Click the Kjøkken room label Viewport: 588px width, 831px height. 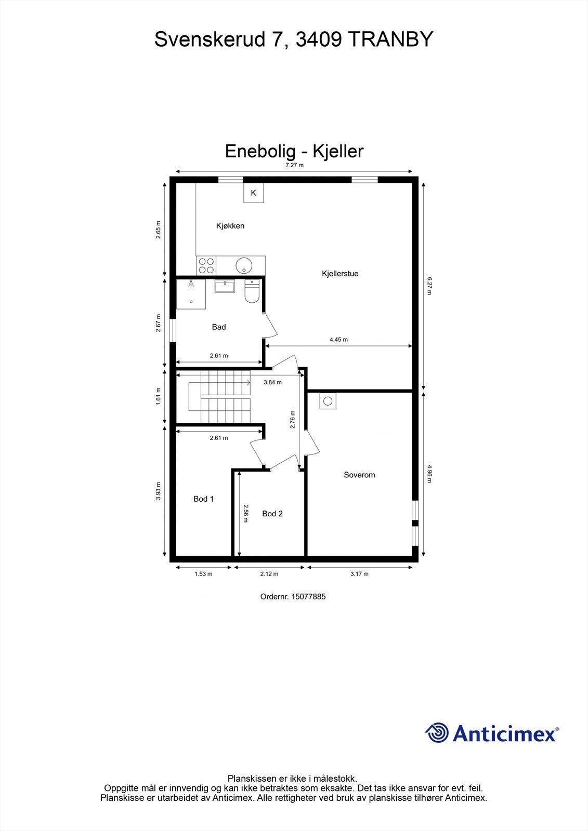(230, 226)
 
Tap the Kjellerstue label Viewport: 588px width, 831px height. (340, 274)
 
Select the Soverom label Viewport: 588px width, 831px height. (359, 475)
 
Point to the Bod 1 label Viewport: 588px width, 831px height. (204, 499)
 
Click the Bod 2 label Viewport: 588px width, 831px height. (272, 514)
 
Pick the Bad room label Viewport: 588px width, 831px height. (219, 327)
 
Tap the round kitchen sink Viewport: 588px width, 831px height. (243, 266)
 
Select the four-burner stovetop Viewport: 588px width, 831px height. (206, 266)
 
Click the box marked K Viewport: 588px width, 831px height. (254, 193)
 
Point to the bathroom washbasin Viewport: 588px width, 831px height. (225, 286)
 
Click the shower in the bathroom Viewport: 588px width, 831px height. (191, 294)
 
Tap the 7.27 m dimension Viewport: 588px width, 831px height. (294, 165)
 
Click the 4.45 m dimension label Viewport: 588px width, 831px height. (338, 340)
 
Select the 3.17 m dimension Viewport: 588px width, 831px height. (359, 574)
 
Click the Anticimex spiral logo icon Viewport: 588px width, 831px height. (437, 733)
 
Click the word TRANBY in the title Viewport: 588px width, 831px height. (389, 39)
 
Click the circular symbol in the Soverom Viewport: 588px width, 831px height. (328, 401)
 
